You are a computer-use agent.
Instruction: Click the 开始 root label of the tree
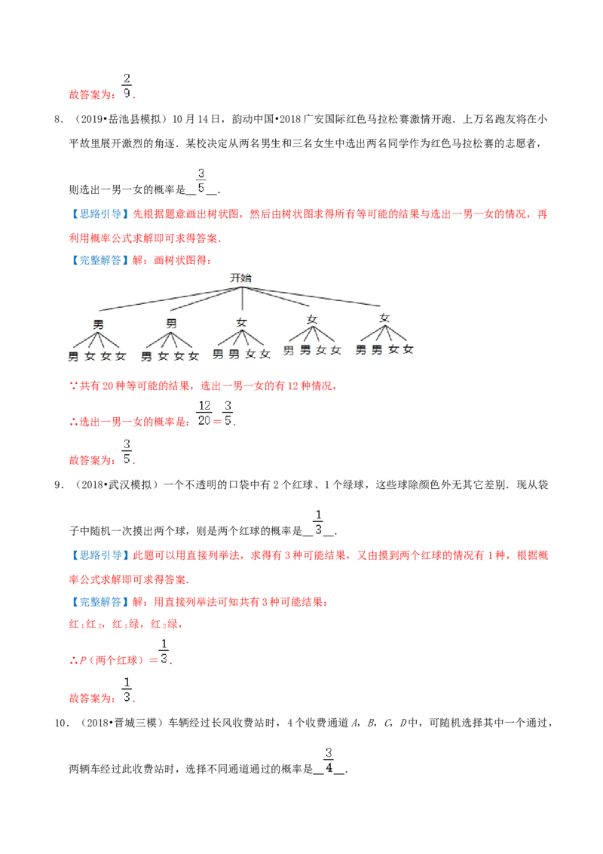241,278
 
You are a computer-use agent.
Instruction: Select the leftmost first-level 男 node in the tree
98,324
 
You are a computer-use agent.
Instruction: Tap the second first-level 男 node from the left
171,324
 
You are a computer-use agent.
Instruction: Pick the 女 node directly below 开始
241,322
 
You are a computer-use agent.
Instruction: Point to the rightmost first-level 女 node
384,318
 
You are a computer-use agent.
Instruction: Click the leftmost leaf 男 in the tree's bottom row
73,356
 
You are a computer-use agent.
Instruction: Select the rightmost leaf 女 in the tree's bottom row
409,349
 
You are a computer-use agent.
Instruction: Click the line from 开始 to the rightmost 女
317,297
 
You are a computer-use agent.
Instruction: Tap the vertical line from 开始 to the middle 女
241,299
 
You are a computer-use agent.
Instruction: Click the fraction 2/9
127,86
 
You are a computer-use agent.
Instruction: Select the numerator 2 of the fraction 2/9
127,78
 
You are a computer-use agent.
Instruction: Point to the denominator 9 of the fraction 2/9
127,94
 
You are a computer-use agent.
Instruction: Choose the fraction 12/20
204,414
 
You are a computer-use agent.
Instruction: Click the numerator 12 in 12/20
204,407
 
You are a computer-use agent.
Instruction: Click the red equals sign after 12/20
217,420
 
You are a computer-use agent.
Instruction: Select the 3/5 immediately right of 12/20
228,414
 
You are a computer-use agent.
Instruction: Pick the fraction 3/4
329,760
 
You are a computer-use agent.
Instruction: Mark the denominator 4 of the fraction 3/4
329,769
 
